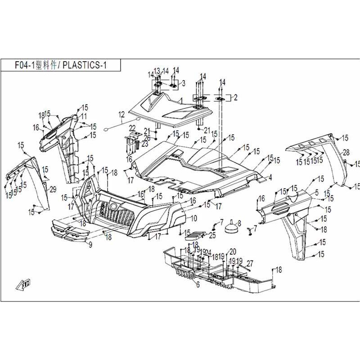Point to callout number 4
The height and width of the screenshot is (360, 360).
click(x=270, y=178)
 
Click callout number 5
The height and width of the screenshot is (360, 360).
click(x=317, y=193)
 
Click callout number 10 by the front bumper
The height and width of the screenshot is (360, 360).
click(x=194, y=218)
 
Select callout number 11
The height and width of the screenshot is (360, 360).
click(x=84, y=116)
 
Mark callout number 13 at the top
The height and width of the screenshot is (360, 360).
click(x=157, y=71)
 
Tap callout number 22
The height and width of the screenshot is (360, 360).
click(x=132, y=128)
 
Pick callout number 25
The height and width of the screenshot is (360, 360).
click(x=212, y=235)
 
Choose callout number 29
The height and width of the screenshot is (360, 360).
click(x=53, y=189)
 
